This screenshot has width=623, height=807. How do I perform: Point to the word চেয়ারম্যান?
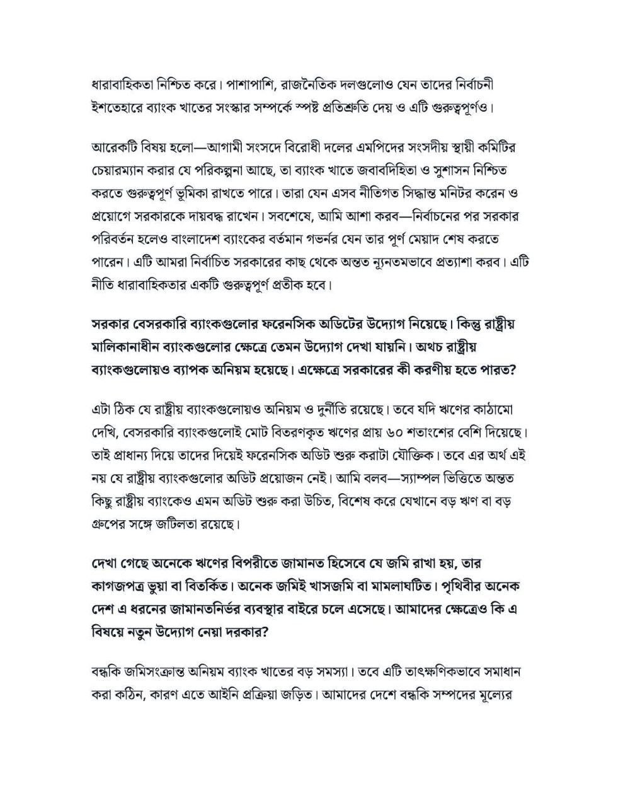(x=123, y=170)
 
